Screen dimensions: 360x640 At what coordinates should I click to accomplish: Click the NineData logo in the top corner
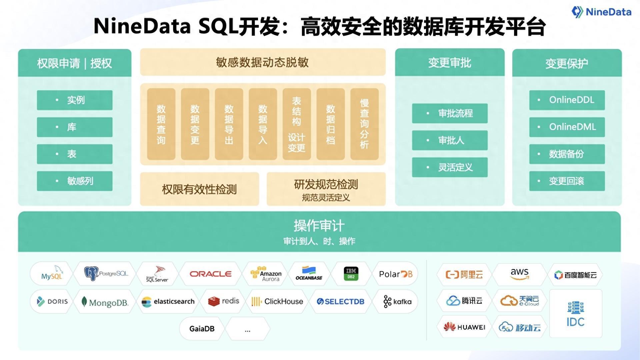coord(601,12)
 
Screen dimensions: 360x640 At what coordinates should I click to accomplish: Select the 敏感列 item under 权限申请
coord(75,181)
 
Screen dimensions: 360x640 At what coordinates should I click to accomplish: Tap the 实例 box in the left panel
coord(75,100)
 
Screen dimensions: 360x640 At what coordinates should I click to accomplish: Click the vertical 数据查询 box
coord(161,124)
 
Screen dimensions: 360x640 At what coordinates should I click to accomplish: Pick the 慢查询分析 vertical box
coord(364,124)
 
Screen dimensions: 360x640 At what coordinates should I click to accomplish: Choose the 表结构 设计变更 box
coord(296,124)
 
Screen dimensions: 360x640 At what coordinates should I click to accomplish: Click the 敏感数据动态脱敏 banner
coord(263,62)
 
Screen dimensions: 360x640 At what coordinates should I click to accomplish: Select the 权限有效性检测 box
coord(199,189)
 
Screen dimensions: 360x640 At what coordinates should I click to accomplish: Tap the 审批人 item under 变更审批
coord(450,140)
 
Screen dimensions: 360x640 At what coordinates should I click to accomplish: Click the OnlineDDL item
coord(567,100)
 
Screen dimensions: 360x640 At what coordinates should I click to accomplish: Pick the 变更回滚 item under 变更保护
coord(567,181)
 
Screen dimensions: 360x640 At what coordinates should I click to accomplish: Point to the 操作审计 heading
coord(319,226)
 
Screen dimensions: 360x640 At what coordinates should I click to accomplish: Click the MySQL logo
coord(52,274)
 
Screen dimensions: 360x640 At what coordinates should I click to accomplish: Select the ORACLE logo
coord(210,274)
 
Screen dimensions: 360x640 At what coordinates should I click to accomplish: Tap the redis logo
coord(224,301)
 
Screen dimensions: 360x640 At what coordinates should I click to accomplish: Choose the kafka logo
coord(397,301)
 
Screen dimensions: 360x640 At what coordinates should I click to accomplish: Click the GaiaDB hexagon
coord(202,329)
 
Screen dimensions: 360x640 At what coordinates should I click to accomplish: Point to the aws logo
coord(519,274)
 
